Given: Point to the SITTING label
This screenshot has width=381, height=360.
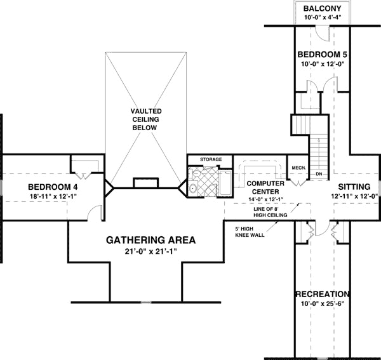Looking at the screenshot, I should [354, 186].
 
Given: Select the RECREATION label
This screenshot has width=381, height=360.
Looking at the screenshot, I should [323, 294].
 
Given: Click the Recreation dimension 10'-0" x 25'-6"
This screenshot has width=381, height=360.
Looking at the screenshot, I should [323, 304].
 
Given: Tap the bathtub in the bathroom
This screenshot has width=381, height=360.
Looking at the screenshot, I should [225, 183].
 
